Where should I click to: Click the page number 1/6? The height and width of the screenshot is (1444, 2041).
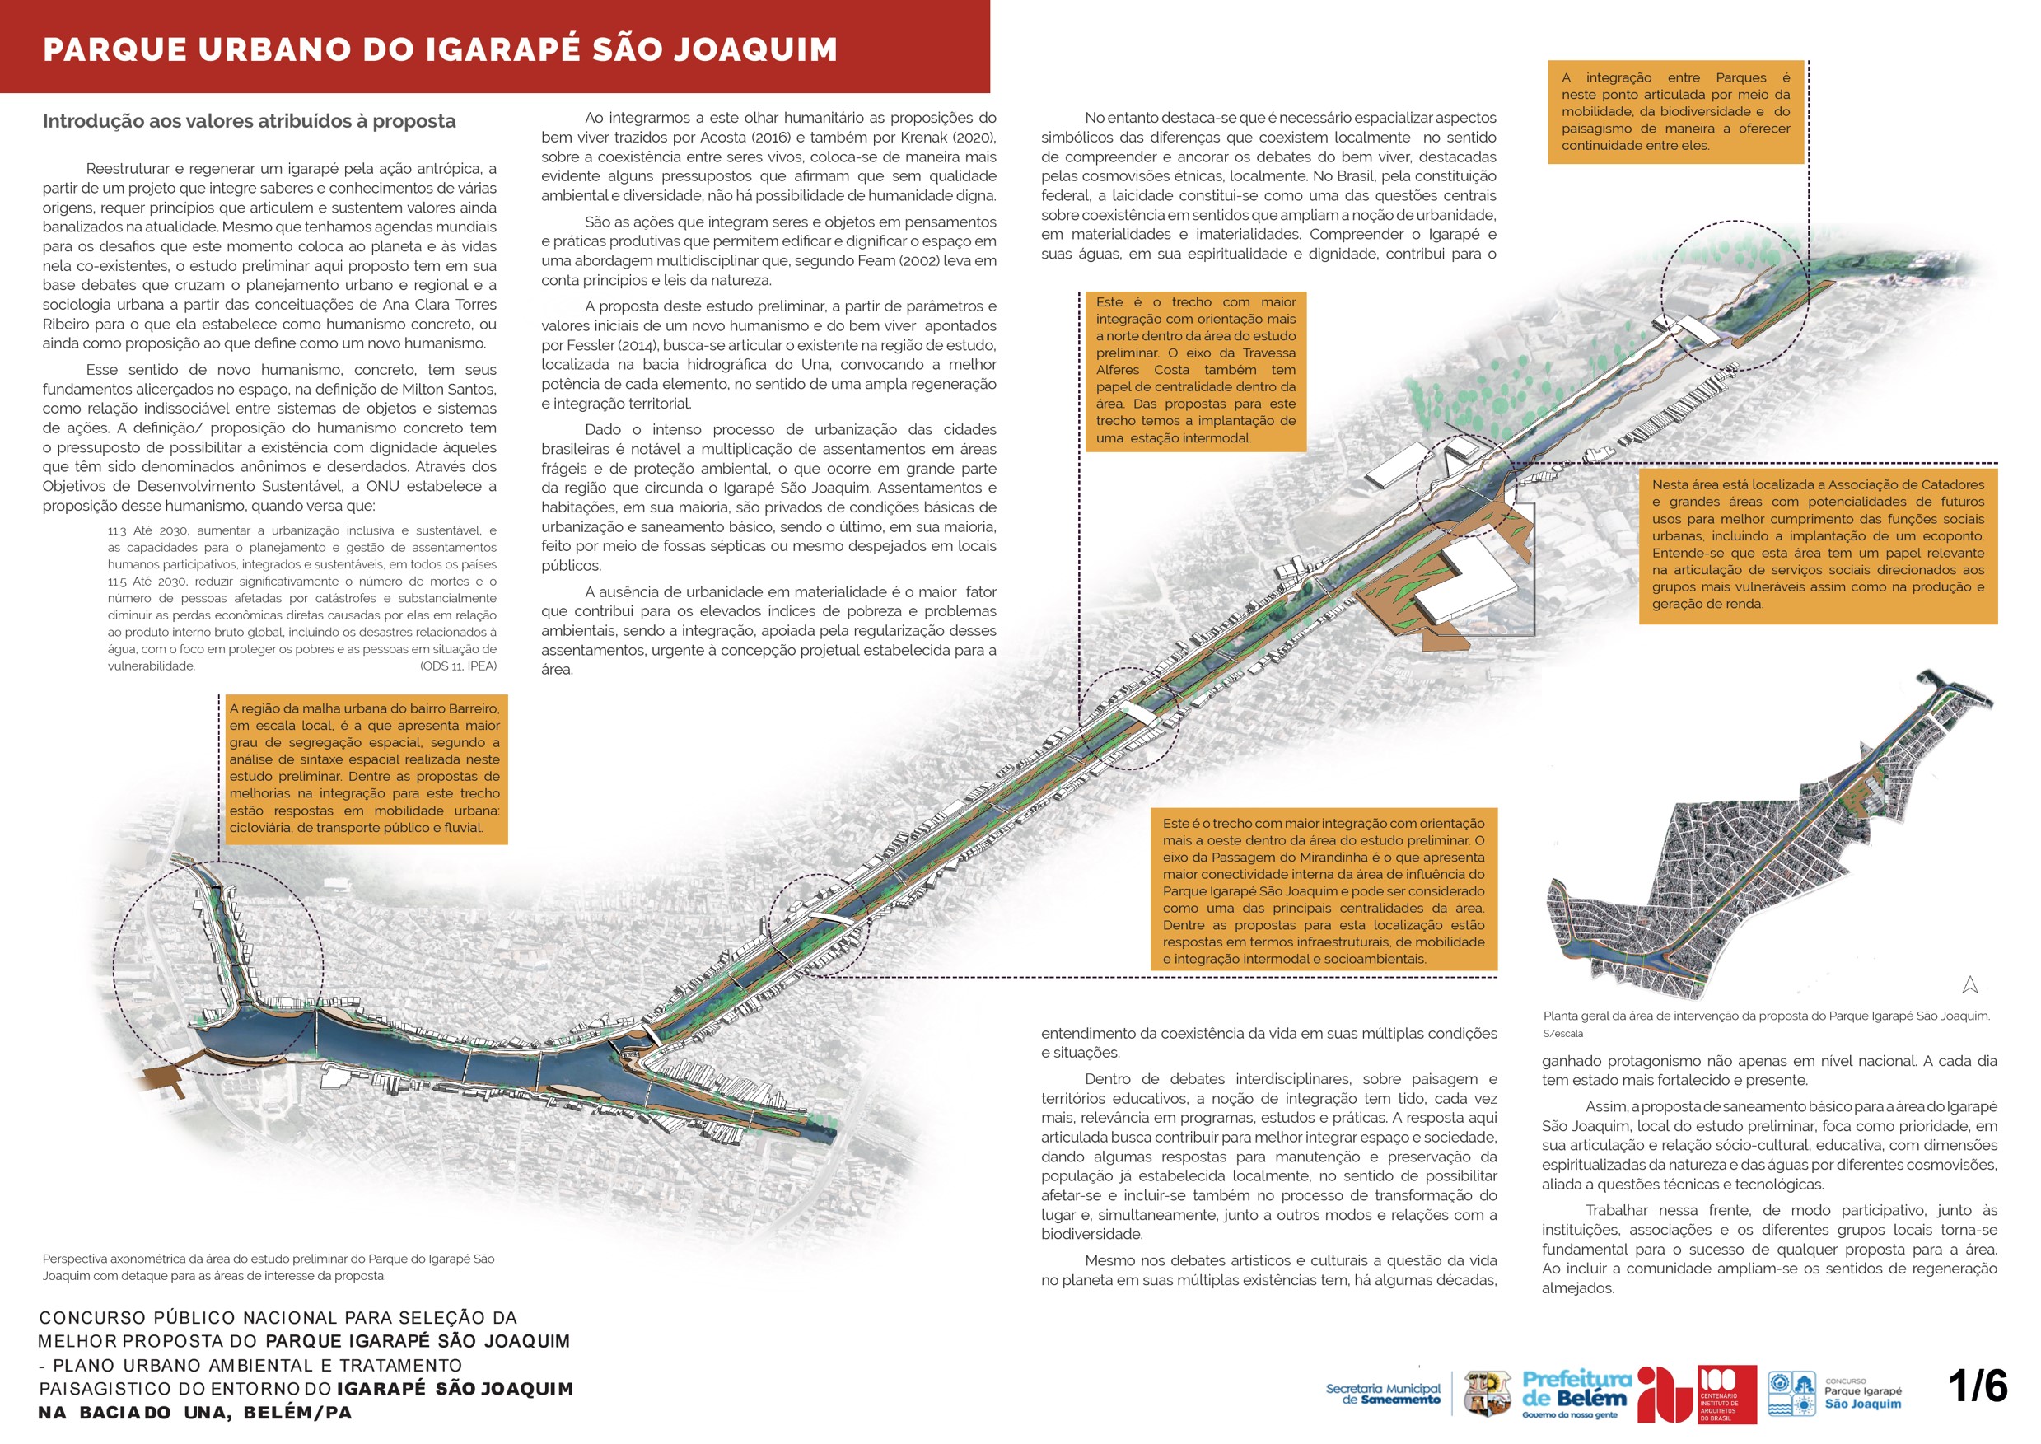pos(1977,1386)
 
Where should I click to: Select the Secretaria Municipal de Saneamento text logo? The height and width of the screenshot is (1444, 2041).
pos(1382,1393)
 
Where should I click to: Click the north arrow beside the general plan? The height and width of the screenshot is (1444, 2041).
pos(1970,984)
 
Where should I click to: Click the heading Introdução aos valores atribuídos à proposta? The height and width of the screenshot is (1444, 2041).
pos(249,121)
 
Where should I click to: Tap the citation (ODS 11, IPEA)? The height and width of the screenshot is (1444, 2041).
pos(458,665)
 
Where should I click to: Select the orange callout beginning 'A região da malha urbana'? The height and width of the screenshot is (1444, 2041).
pos(364,769)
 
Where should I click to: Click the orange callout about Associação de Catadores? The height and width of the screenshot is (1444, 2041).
pos(1818,544)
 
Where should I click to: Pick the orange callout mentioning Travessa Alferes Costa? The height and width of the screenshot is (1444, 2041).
pos(1196,370)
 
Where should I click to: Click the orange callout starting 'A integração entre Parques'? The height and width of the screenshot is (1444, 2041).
pos(1675,111)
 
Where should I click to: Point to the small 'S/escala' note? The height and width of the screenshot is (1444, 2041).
pos(1562,1033)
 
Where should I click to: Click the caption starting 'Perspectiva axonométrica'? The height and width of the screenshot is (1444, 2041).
pos(269,1267)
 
